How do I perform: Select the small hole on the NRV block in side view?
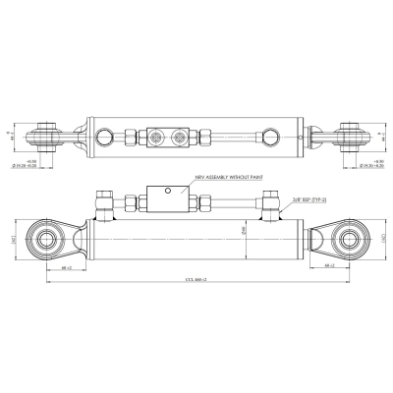coord(168,189)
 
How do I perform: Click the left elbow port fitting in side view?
coord(100,204)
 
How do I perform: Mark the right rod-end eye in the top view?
coord(348,136)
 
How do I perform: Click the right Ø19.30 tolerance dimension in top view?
coord(371,166)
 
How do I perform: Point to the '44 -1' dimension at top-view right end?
coord(383,136)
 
